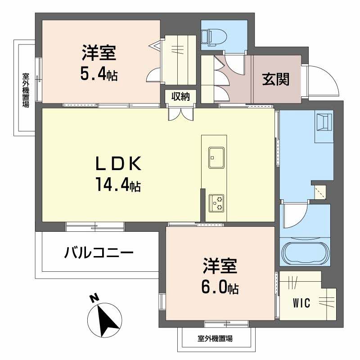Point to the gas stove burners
pos(217,202)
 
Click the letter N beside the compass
pos(94,298)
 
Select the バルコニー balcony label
pos(99,252)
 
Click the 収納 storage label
pos(180,96)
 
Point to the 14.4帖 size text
pos(118,184)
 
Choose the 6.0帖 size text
pos(220,287)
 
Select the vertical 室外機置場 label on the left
pos(26,90)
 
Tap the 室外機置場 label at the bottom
pos(215,338)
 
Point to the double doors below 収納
pos(180,113)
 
